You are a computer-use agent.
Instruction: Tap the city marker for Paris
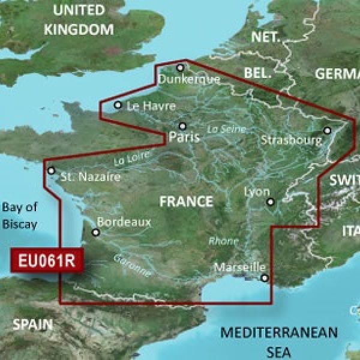(x=183, y=126)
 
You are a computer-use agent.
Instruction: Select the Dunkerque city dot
(x=180, y=67)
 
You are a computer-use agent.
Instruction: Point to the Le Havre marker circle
(x=118, y=106)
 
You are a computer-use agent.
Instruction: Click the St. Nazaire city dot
(x=52, y=170)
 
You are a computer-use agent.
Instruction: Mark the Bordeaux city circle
(x=95, y=232)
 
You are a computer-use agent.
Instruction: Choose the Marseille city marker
(x=265, y=277)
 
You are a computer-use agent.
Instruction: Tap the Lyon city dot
(x=270, y=202)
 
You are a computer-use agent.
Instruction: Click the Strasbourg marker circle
(x=328, y=130)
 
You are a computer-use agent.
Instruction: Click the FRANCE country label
(x=186, y=202)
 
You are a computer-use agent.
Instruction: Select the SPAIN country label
(x=33, y=326)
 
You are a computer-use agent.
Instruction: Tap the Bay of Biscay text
(x=19, y=216)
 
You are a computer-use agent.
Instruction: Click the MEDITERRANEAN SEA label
(x=279, y=340)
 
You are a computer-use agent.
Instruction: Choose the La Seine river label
(x=221, y=128)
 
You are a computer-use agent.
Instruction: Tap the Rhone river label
(x=218, y=241)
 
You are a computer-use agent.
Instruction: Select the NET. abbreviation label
(x=266, y=37)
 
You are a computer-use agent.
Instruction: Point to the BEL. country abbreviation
(x=259, y=73)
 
